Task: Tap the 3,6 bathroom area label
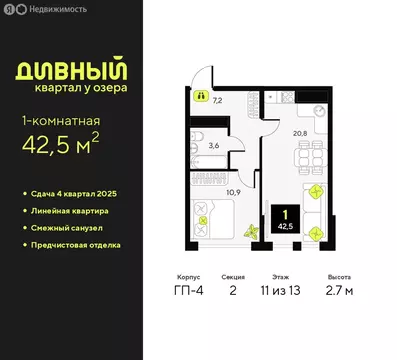pyautogui.click(x=212, y=146)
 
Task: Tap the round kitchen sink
pyautogui.click(x=275, y=100)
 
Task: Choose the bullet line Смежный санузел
pyautogui.click(x=73, y=227)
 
